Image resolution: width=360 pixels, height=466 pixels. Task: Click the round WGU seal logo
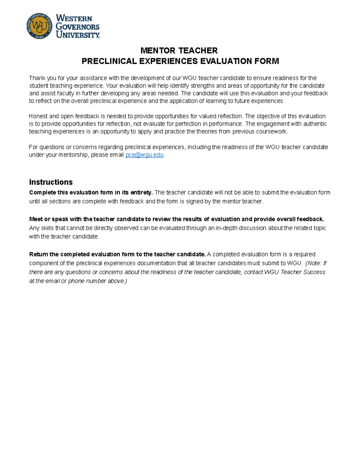pos(39,26)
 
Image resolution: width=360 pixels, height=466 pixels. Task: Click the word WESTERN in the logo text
pos(74,18)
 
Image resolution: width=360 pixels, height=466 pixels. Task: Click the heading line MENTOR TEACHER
pos(179,50)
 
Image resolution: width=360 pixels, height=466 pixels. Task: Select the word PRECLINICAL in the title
pos(109,61)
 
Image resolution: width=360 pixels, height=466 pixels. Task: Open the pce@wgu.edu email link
pos(145,155)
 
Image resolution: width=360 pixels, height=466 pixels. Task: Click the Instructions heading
pos(51,182)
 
